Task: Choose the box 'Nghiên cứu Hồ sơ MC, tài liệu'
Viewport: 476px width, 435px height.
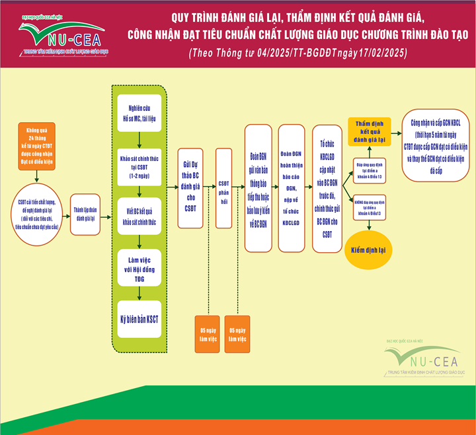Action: (139, 114)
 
